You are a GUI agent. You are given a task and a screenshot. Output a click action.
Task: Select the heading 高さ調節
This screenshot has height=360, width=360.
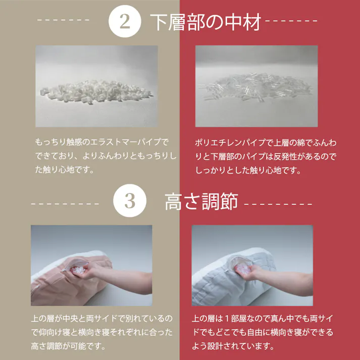pos(201,202)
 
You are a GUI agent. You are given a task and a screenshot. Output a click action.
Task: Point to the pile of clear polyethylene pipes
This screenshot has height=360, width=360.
pos(255,88)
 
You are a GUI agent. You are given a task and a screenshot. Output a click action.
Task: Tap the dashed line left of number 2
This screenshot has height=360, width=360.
pos(64,21)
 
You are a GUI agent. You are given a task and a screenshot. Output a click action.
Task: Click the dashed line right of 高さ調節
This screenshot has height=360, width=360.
pos(278,204)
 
